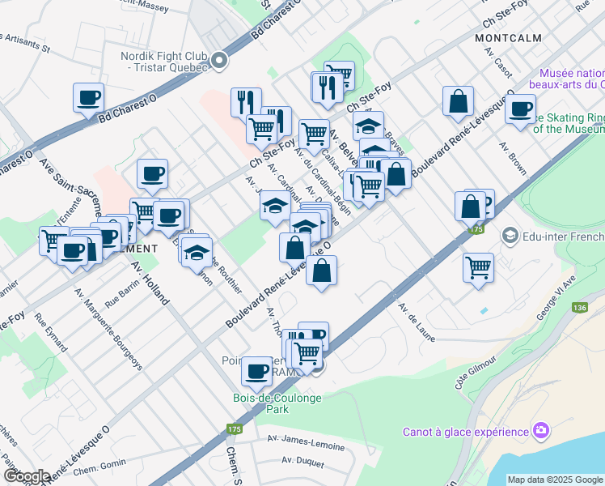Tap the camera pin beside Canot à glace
541,430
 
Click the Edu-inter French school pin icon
510,236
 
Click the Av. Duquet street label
302,462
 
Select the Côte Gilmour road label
475,373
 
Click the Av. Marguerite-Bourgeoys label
108,329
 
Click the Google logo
27,475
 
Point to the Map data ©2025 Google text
555,480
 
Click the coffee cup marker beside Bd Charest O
88,97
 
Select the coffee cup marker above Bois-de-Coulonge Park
257,371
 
